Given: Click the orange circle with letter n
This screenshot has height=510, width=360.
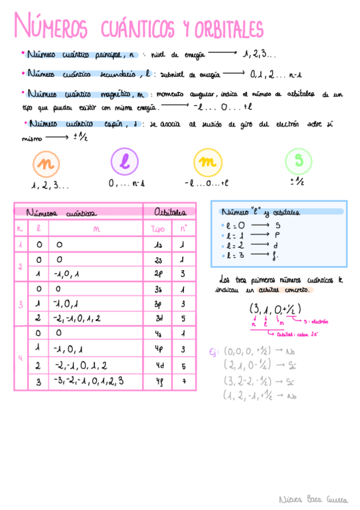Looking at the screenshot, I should (x=44, y=162).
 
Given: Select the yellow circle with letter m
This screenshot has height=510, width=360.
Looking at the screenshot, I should (x=207, y=162).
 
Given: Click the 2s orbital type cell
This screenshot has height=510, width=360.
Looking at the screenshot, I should (x=159, y=260).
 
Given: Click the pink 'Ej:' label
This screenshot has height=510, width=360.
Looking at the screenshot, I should (x=213, y=352).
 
